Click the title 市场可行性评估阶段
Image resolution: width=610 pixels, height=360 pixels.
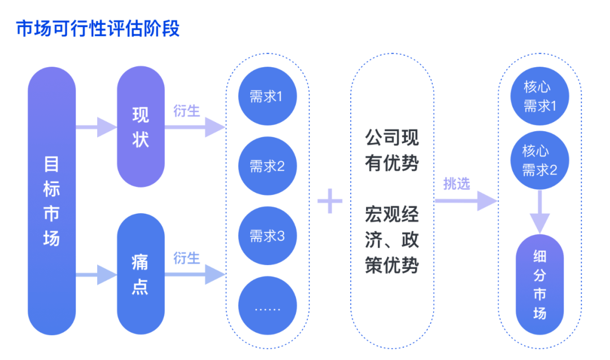click(x=98, y=29)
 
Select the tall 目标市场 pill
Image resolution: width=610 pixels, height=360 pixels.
click(x=52, y=201)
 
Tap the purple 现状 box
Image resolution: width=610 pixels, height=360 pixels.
click(x=141, y=127)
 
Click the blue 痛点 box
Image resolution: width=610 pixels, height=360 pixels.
click(x=141, y=274)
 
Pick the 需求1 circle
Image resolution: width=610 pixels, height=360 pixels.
click(x=268, y=96)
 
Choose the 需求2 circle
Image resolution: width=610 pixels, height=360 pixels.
click(x=268, y=166)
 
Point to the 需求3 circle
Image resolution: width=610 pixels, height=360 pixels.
click(x=268, y=236)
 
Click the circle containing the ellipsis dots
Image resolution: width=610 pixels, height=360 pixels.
click(x=268, y=306)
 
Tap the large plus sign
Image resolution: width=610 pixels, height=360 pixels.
click(x=330, y=201)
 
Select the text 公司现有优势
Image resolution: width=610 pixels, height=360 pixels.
click(x=392, y=150)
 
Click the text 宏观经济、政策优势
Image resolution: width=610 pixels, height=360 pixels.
click(x=392, y=240)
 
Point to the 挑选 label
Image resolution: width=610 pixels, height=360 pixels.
click(x=457, y=183)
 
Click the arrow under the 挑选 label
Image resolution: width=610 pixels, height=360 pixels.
click(x=466, y=201)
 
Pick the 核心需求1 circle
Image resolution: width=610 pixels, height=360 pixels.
click(x=540, y=96)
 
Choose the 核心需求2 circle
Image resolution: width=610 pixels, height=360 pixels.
click(x=540, y=161)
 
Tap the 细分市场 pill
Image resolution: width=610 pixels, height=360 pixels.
click(x=540, y=284)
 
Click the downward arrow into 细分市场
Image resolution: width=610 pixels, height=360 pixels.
click(x=540, y=212)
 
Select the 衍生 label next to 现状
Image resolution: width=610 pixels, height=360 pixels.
click(x=187, y=111)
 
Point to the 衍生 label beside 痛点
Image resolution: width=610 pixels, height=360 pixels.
click(x=187, y=258)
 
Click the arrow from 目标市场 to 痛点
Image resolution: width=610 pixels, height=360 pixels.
click(x=96, y=275)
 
